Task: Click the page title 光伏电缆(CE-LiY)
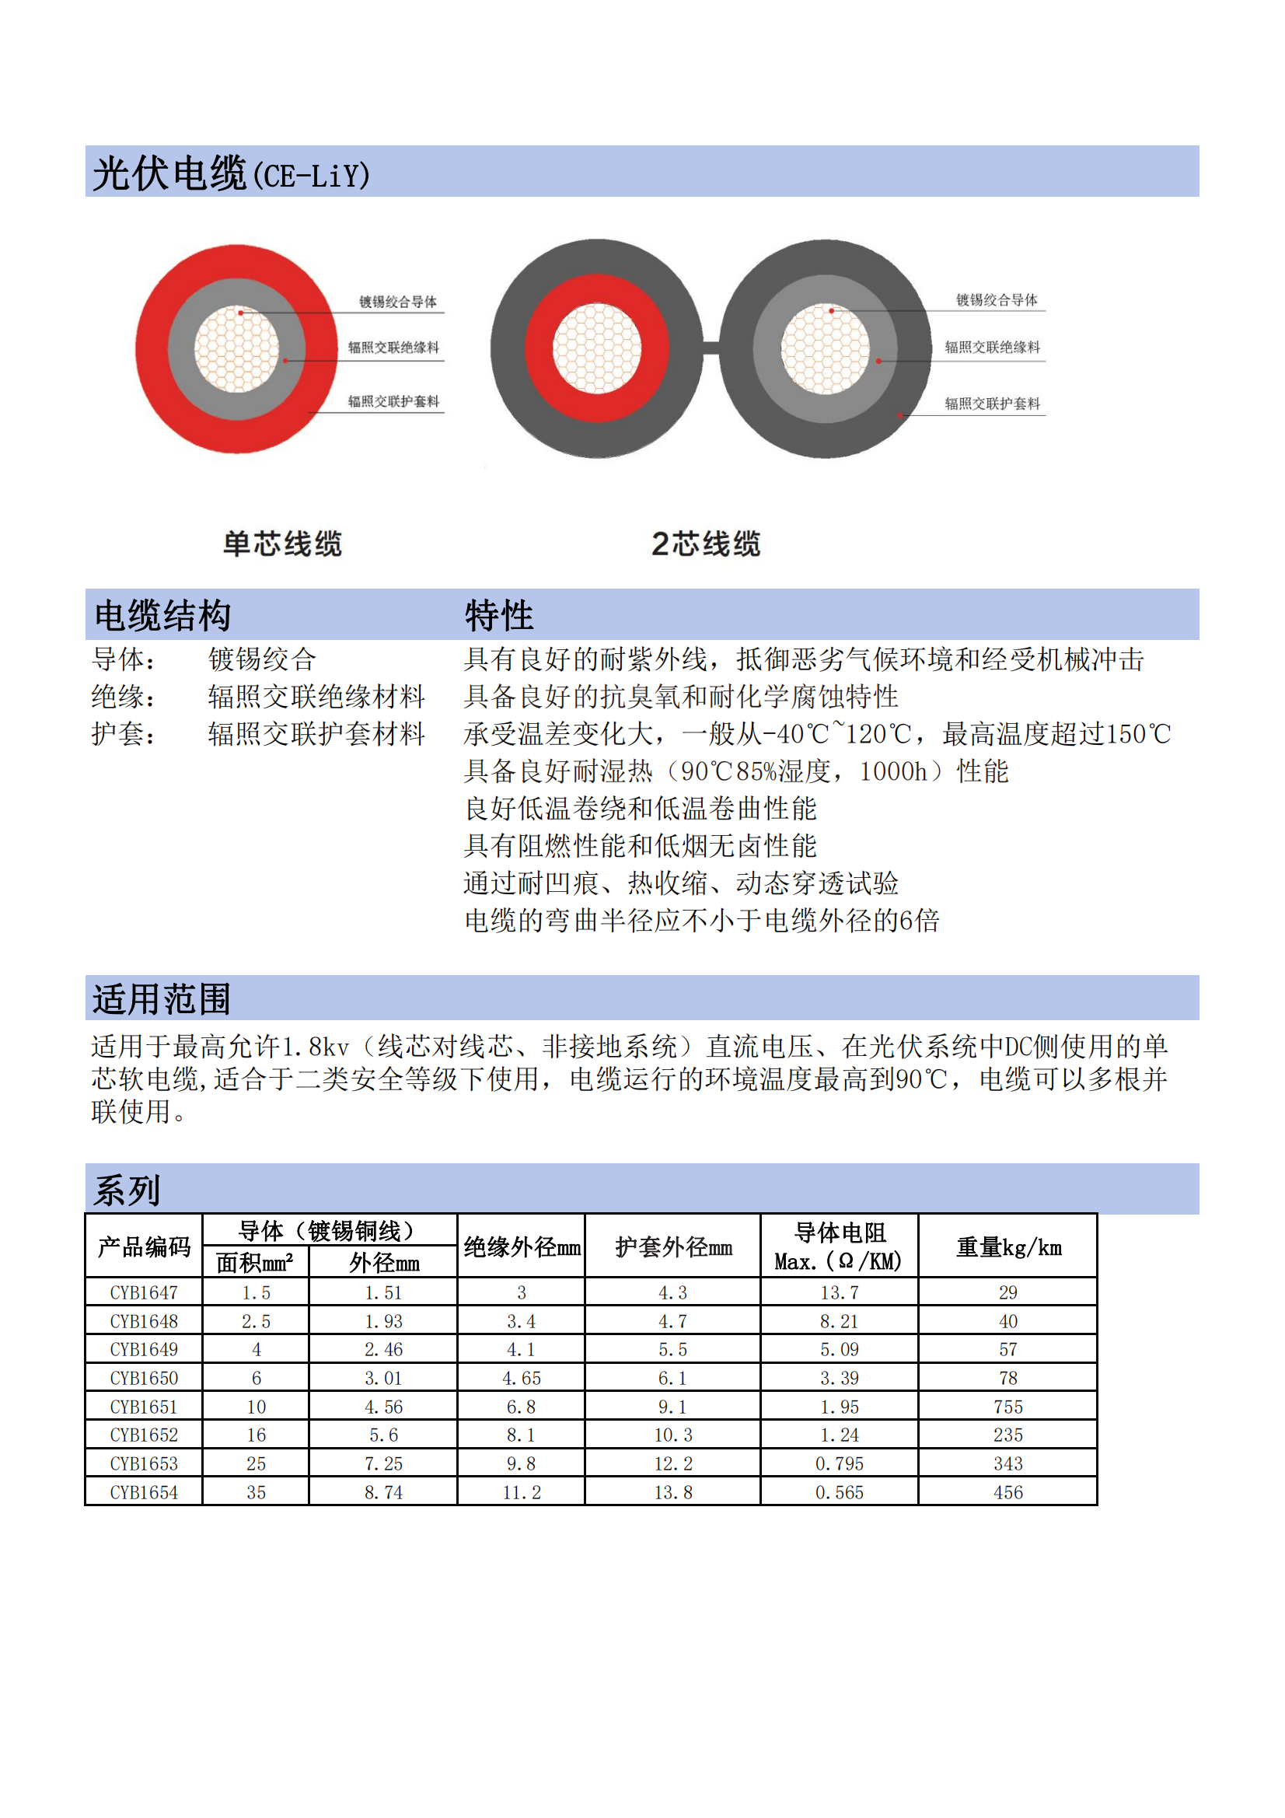click(x=231, y=173)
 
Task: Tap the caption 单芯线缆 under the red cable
click(x=282, y=544)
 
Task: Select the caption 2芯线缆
click(x=705, y=544)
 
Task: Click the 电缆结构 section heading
click(x=162, y=615)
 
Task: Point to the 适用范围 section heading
click(x=162, y=998)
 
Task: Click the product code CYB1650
click(x=144, y=1379)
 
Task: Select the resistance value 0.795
click(x=840, y=1464)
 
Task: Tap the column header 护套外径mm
click(x=673, y=1248)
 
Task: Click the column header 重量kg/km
click(x=1009, y=1248)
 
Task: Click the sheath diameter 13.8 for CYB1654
click(x=673, y=1492)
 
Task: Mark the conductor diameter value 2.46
click(x=383, y=1349)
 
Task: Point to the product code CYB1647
click(x=144, y=1293)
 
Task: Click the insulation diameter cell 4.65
click(x=521, y=1379)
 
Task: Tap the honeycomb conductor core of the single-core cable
click(x=237, y=349)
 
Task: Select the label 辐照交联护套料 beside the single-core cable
click(x=393, y=401)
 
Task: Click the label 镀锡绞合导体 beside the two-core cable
click(x=996, y=300)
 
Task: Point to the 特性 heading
click(x=499, y=615)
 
